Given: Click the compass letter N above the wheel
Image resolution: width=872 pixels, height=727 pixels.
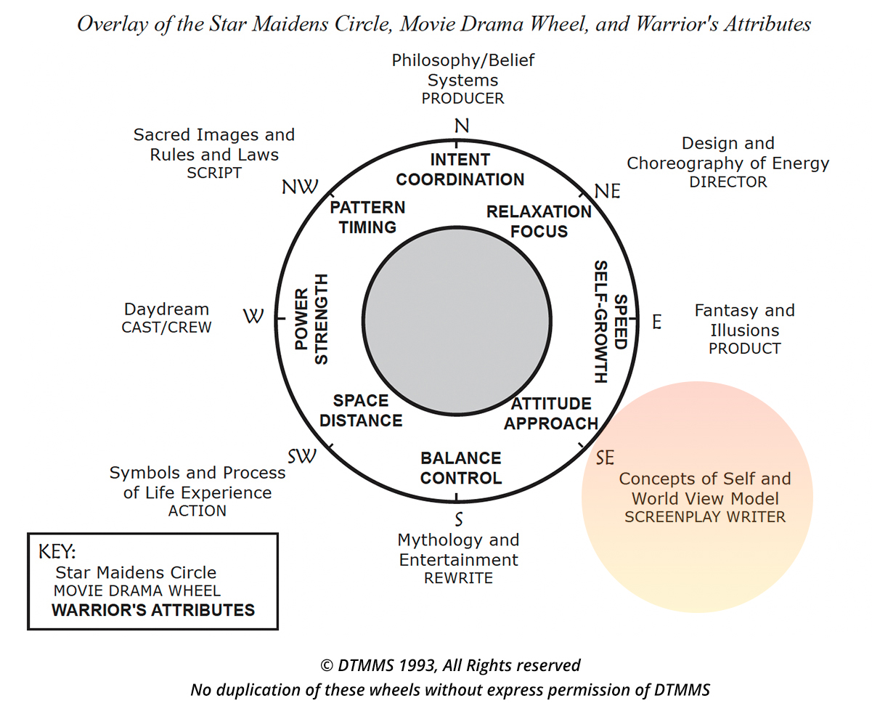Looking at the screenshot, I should coord(461,126).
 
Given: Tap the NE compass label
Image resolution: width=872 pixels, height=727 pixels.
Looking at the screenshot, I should coord(608,191).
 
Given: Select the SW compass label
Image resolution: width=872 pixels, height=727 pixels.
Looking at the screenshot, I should coord(302,456).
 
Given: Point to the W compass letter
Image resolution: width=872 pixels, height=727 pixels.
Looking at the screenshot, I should coord(253,317).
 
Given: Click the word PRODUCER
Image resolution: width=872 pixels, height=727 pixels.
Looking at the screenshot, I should coord(463,98).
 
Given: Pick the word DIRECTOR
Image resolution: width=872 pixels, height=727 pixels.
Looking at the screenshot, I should coord(728,182).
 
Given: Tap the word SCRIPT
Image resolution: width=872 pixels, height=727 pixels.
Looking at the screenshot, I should coord(213,173).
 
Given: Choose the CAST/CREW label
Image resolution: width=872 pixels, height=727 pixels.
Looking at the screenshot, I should coord(166,327).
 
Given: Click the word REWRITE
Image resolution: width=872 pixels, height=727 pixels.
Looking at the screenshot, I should coord(458,578).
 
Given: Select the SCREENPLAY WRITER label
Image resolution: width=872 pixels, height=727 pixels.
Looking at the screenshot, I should coord(705,517).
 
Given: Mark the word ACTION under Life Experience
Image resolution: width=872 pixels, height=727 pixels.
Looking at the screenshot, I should coord(197,511).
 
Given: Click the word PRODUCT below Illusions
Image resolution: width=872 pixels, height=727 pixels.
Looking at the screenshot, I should coord(744,349).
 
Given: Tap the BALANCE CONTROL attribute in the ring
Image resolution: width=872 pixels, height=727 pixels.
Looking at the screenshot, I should coord(461,468).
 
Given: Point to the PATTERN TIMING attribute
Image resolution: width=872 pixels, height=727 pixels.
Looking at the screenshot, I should coord(367,217).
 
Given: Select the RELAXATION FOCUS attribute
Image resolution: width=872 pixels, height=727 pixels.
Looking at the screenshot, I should coord(539,222).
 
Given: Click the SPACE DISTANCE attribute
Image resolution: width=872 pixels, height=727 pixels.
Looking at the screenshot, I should coord(361,410).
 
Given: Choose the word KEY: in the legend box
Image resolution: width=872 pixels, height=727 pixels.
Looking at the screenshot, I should coord(57,550).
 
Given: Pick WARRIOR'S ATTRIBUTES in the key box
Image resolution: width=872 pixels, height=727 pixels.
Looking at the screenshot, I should coord(153,609).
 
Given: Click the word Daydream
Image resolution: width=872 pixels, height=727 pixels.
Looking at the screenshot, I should coord(166,309).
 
